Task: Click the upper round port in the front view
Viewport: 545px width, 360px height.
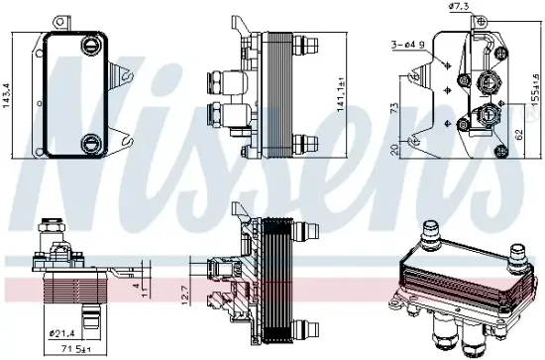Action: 90,44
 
